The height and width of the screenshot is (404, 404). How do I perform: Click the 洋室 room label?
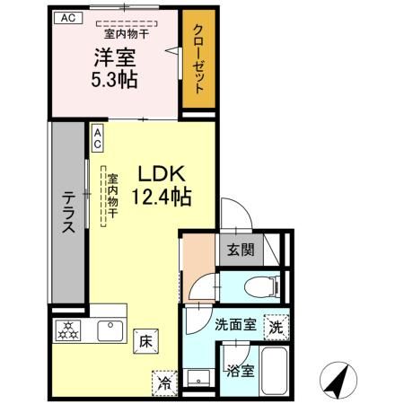[115, 57]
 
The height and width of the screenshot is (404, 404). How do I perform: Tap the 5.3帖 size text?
[115, 80]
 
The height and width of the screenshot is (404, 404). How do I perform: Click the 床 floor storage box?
[145, 340]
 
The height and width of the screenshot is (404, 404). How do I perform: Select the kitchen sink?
[110, 331]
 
